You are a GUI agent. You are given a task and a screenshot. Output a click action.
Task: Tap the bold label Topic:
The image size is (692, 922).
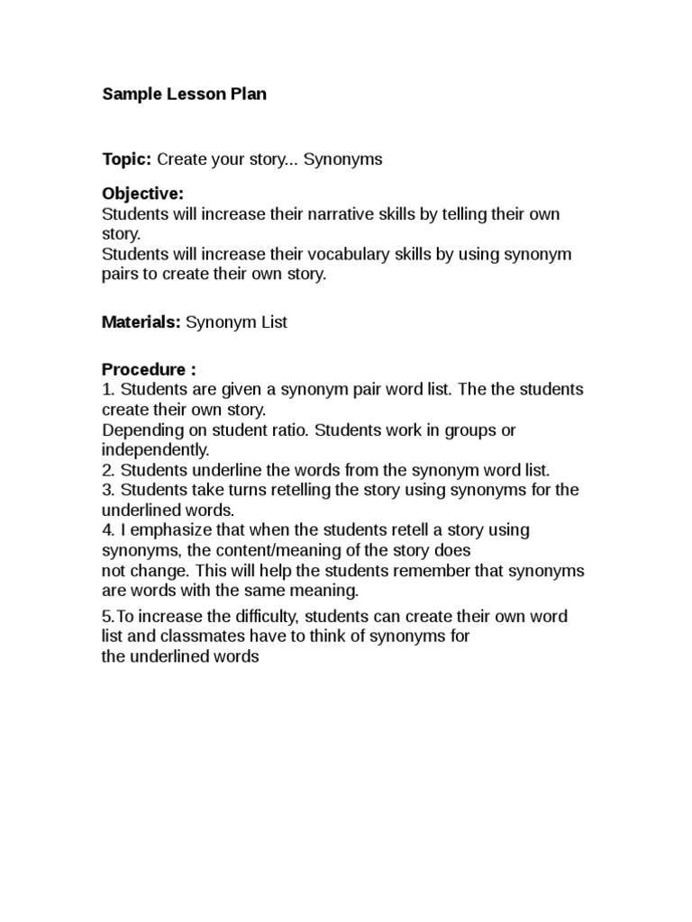click(x=127, y=159)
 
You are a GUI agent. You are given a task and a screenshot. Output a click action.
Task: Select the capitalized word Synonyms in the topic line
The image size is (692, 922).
click(x=342, y=159)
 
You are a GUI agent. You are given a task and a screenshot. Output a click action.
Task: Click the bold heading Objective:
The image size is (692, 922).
click(x=142, y=194)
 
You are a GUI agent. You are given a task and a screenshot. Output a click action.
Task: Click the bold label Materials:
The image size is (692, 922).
click(x=141, y=321)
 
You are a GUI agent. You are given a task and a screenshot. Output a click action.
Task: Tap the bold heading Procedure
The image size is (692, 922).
click(x=144, y=369)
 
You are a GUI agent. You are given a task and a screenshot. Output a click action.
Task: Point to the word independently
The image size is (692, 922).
click(x=155, y=449)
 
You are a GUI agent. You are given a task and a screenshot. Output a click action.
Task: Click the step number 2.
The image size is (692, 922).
click(x=106, y=470)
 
